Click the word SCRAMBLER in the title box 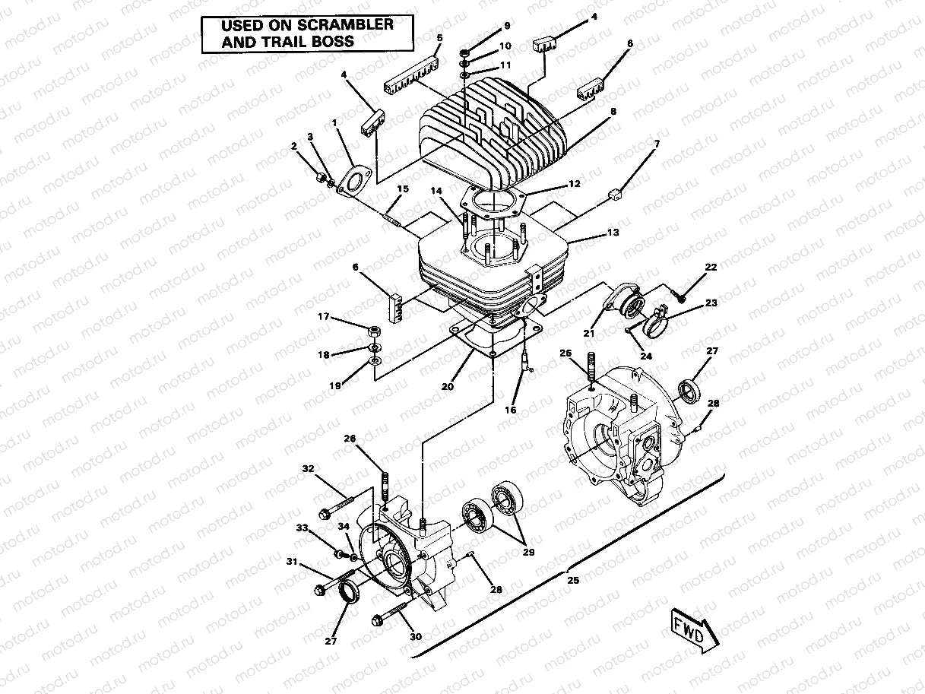tap(343, 24)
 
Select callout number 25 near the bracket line tap(573, 580)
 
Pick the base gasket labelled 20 tap(486, 339)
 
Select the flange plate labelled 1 tap(353, 182)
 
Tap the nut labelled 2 tap(319, 178)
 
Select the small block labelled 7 tap(616, 194)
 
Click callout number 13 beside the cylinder tap(613, 232)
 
